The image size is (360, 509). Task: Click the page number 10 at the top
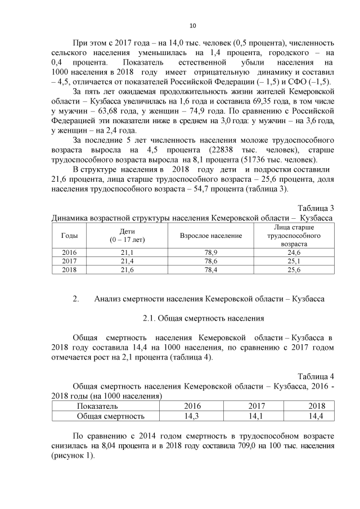click(x=192, y=25)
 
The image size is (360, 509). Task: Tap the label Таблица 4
click(x=316, y=376)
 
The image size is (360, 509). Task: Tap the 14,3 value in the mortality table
click(x=192, y=416)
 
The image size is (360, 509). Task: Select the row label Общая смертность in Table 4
click(x=110, y=416)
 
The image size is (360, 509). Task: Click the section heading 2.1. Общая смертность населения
click(x=203, y=319)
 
